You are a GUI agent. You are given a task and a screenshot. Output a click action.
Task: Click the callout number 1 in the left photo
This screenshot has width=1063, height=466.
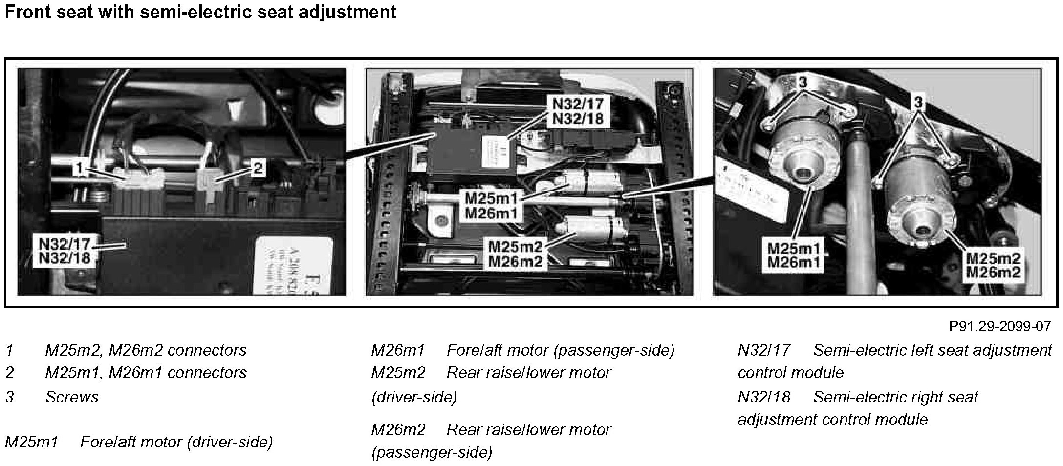point(79,169)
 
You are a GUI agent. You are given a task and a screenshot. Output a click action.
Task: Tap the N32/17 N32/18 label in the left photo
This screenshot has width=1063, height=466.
point(65,250)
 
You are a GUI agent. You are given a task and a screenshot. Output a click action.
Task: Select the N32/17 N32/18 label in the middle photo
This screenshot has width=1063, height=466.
point(578,111)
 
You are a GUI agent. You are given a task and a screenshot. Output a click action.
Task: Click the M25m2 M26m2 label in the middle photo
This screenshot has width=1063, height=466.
point(516,254)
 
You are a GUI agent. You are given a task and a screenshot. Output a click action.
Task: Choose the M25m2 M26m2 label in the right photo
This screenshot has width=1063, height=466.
point(993,265)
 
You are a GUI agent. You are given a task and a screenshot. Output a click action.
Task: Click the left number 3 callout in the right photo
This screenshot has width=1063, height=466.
point(803,84)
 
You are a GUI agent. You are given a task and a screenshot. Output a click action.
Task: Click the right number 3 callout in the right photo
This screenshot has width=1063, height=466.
point(918,103)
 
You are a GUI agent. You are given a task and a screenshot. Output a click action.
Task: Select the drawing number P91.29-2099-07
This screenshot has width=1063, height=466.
point(999,326)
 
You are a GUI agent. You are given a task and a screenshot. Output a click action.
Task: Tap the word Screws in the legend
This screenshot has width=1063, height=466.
point(72,397)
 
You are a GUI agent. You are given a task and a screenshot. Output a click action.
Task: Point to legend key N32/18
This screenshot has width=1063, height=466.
point(763,397)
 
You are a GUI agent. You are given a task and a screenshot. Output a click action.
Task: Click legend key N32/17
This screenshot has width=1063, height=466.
point(763,350)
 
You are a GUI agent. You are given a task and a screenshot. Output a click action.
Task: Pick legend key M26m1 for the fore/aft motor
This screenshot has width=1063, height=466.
point(397,350)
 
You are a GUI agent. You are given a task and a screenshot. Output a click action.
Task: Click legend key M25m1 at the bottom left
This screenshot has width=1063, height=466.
point(31,442)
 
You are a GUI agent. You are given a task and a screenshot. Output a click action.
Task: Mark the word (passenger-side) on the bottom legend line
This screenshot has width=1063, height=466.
point(432,453)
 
